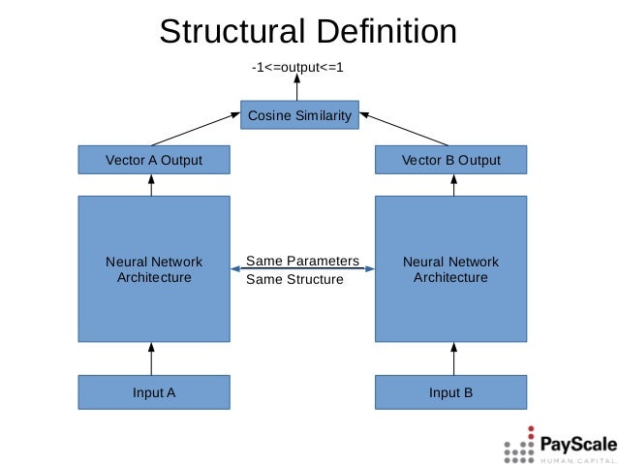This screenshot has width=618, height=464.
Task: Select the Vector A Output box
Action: click(x=154, y=160)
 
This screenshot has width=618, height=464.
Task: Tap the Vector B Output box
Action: click(x=450, y=160)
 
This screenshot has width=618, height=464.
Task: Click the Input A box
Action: click(x=154, y=392)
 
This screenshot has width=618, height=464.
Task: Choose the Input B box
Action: click(x=450, y=392)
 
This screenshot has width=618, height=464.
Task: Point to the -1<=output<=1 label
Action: click(x=297, y=68)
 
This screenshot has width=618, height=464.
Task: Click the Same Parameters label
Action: click(x=302, y=261)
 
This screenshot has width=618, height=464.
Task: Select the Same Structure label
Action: click(x=294, y=280)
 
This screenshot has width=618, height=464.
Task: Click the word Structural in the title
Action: click(x=230, y=31)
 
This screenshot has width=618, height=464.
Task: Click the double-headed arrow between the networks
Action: click(x=302, y=270)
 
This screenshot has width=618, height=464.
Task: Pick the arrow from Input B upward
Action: click(x=452, y=358)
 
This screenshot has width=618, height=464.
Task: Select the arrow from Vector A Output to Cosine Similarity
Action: click(x=196, y=129)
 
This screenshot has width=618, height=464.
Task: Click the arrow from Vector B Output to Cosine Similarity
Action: click(x=408, y=129)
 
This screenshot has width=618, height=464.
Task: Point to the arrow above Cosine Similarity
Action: click(x=299, y=88)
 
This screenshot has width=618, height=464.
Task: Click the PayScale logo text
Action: click(x=577, y=445)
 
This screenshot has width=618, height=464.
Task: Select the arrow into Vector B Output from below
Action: click(x=452, y=185)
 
